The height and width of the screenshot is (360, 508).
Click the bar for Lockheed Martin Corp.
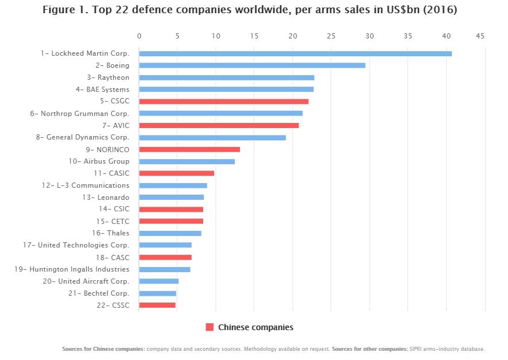click(295, 53)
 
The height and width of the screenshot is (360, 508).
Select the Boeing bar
click(252, 65)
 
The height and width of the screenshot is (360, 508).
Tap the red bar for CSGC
click(224, 102)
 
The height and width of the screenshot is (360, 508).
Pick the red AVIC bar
click(219, 125)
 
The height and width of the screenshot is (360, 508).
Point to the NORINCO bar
click(189, 149)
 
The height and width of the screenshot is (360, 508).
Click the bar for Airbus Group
click(187, 161)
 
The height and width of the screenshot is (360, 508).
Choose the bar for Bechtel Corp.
click(157, 293)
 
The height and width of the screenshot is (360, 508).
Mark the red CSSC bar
click(157, 305)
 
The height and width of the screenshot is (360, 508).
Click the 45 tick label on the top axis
click(480, 36)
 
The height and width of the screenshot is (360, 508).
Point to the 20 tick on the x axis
click(293, 36)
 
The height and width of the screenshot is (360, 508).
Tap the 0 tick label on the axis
click(139, 36)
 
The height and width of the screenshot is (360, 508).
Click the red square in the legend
click(210, 327)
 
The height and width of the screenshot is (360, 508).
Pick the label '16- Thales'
click(110, 233)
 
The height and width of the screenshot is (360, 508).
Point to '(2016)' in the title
click(440, 10)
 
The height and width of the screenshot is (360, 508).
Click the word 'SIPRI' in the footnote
click(416, 349)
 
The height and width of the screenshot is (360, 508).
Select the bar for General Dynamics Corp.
click(212, 137)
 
